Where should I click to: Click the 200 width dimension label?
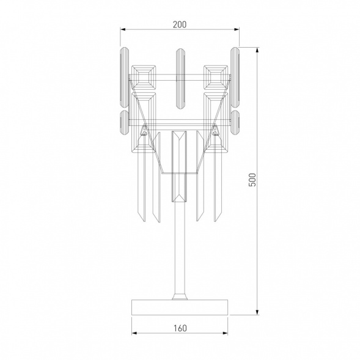179,24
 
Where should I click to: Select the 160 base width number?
179,328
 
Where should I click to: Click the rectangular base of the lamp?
180,307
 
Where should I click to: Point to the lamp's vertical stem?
180,244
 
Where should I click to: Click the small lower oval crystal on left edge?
123,122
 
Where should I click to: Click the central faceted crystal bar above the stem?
179,165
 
